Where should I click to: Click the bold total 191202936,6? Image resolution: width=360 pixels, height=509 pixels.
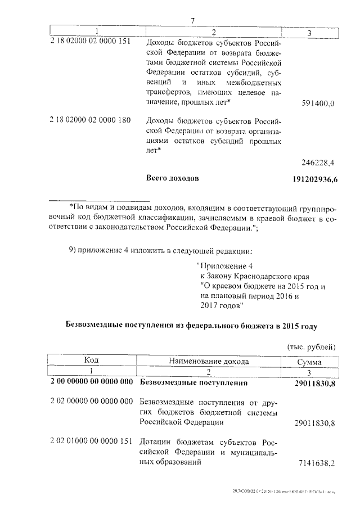tap(314, 179)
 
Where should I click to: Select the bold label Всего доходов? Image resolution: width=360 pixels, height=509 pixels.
tap(172, 179)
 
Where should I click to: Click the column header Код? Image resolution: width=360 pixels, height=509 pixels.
tap(91, 361)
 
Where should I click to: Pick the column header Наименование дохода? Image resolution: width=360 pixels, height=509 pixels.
tap(208, 361)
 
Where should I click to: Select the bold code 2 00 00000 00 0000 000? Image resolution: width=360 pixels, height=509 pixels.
tap(91, 383)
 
